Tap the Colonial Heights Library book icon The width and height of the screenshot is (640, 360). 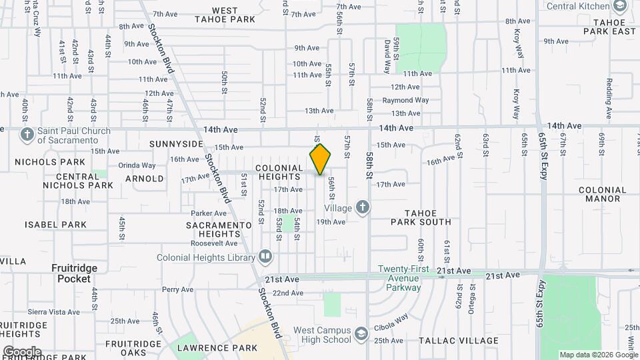(265, 257)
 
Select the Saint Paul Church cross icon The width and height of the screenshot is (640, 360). (27, 135)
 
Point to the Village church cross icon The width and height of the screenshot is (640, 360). (363, 208)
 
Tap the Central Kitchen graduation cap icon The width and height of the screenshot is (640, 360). (619, 7)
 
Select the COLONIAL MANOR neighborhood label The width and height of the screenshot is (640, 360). (603, 194)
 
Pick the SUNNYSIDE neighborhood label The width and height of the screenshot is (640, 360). (176, 144)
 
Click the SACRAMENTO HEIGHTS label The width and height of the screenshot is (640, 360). (213, 229)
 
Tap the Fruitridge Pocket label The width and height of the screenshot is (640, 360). (74, 273)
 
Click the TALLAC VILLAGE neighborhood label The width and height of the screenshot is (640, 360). (459, 340)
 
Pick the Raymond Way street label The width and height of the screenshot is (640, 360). (405, 100)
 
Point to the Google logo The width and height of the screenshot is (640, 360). (21, 351)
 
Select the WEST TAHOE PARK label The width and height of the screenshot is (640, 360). (225, 15)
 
